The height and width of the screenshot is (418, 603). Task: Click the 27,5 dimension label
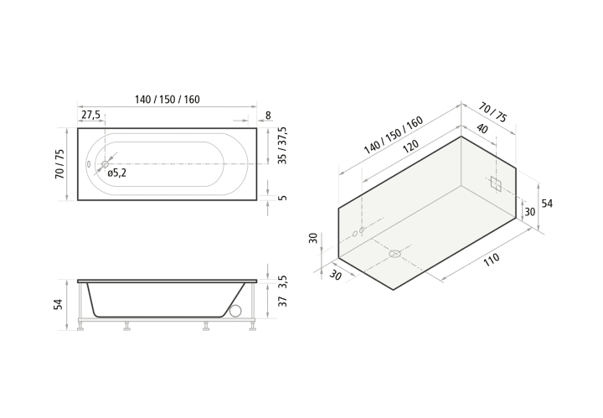click(90, 115)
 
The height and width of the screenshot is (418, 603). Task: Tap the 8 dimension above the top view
click(268, 116)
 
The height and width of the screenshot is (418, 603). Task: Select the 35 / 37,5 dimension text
click(283, 146)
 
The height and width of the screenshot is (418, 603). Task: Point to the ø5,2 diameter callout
click(117, 173)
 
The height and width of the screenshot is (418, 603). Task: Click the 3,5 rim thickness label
click(283, 281)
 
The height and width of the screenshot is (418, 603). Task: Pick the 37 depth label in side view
click(283, 302)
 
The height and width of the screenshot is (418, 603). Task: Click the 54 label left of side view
click(59, 304)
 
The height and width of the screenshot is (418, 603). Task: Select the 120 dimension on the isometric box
click(410, 147)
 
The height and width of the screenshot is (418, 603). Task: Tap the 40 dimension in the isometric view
click(482, 128)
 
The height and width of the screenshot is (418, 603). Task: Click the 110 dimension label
click(492, 260)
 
